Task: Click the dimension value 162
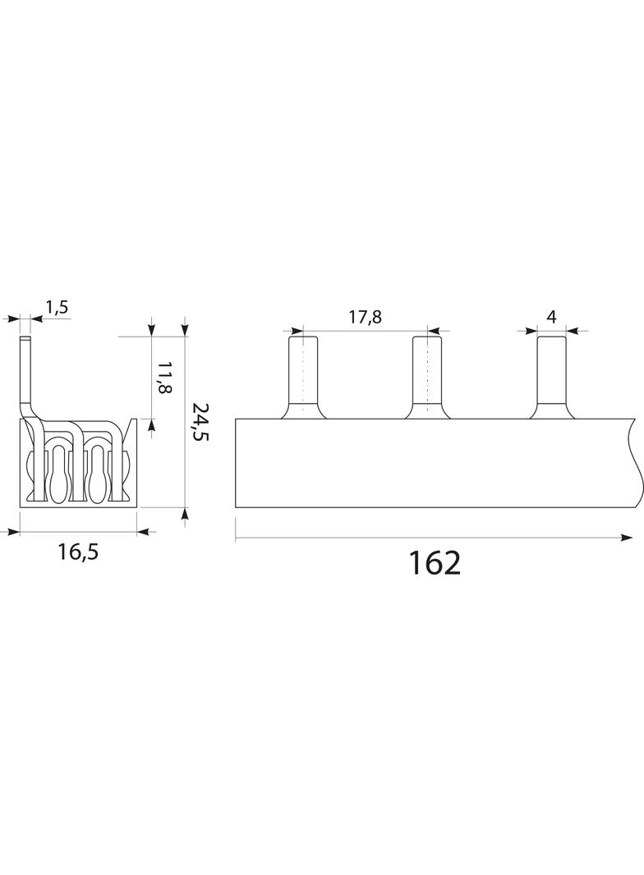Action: point(435,563)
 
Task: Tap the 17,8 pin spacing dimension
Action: point(366,317)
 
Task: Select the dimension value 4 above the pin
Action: point(551,317)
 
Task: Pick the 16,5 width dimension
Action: point(78,552)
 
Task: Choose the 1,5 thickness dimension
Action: point(57,308)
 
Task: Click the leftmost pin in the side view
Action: point(303,377)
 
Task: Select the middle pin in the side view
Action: point(428,377)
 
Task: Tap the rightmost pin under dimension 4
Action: point(552,377)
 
